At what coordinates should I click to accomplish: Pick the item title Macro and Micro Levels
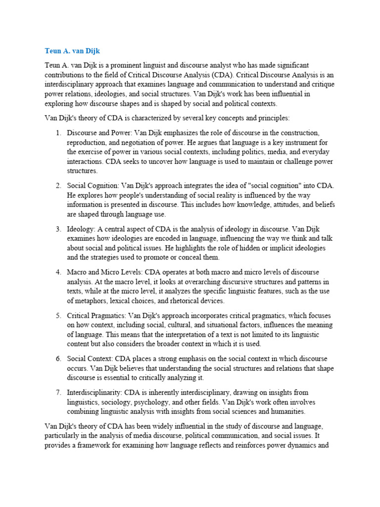(x=100, y=273)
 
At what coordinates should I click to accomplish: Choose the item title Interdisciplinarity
(x=94, y=393)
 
